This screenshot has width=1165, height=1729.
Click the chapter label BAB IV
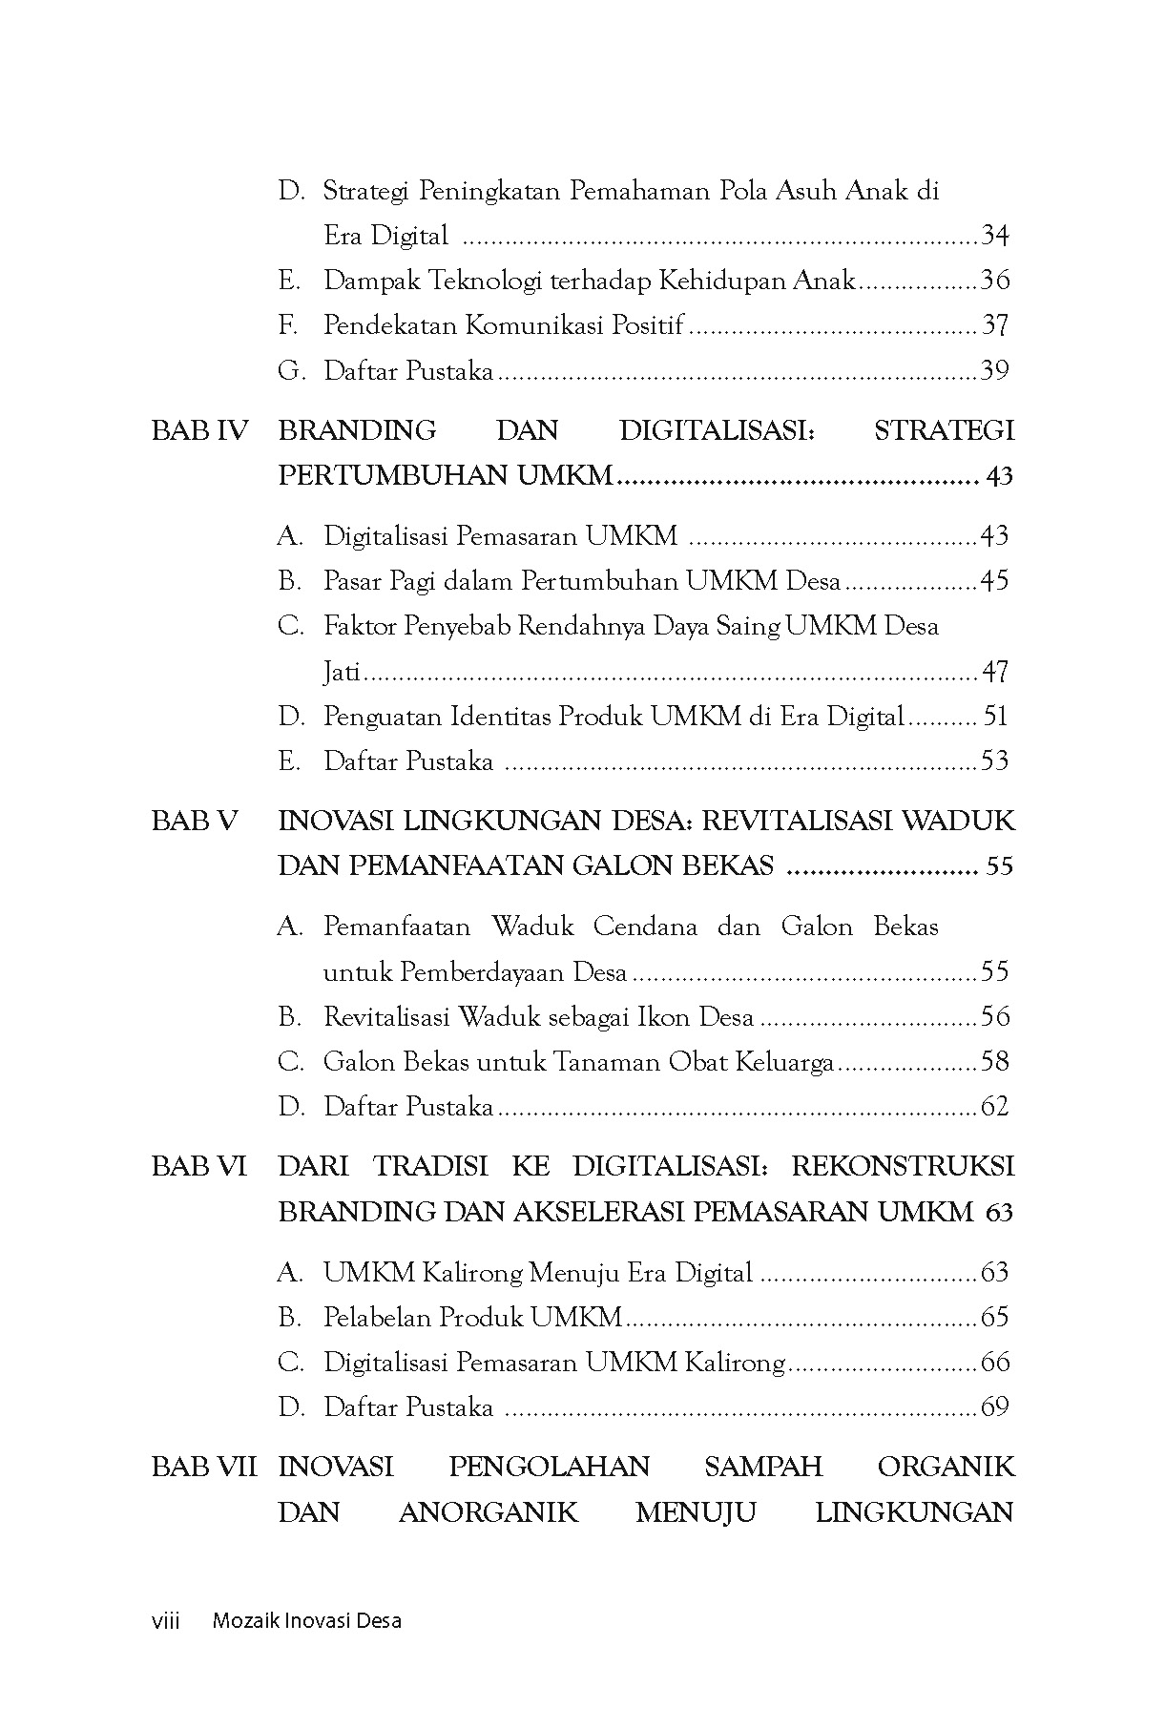tap(198, 431)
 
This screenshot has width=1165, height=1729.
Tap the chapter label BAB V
tap(194, 822)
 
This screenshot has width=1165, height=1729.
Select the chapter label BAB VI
tap(198, 1167)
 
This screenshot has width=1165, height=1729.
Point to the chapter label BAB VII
tap(204, 1467)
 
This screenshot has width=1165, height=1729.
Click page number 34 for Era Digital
tap(995, 236)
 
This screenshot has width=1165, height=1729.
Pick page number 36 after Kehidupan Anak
tap(995, 281)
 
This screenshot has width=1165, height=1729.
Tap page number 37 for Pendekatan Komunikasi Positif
tap(995, 325)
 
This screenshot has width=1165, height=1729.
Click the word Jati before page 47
tap(342, 672)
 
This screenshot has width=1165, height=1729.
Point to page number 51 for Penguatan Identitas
tap(995, 717)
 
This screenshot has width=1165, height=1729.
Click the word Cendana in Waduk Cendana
tap(644, 927)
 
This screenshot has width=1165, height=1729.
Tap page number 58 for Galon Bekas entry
tap(995, 1062)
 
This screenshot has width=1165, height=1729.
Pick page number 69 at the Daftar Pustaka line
tap(995, 1407)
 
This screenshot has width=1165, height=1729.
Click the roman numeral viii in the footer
tap(166, 1620)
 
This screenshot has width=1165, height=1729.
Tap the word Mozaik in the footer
tap(244, 1620)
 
